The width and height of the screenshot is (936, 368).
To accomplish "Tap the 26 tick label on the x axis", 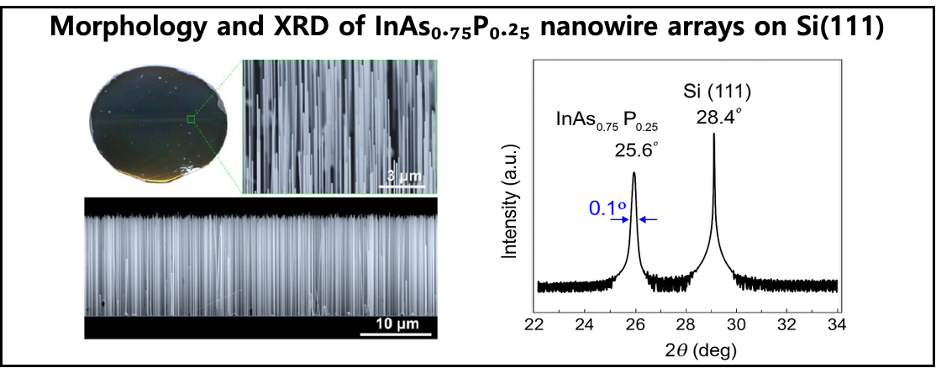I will pyautogui.click(x=636, y=323).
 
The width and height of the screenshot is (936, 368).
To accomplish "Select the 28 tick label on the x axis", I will pyautogui.click(x=686, y=323).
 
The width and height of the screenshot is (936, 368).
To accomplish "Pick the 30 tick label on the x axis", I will pyautogui.click(x=738, y=323).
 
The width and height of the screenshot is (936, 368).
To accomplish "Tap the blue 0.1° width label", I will pyautogui.click(x=603, y=208).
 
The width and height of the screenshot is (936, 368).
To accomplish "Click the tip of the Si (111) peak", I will pyautogui.click(x=714, y=134).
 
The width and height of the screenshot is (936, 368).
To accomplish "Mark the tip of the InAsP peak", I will pyautogui.click(x=634, y=173).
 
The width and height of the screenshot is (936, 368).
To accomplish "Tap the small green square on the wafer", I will pyautogui.click(x=191, y=119).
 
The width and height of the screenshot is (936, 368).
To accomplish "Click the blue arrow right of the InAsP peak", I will pyautogui.click(x=649, y=219).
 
